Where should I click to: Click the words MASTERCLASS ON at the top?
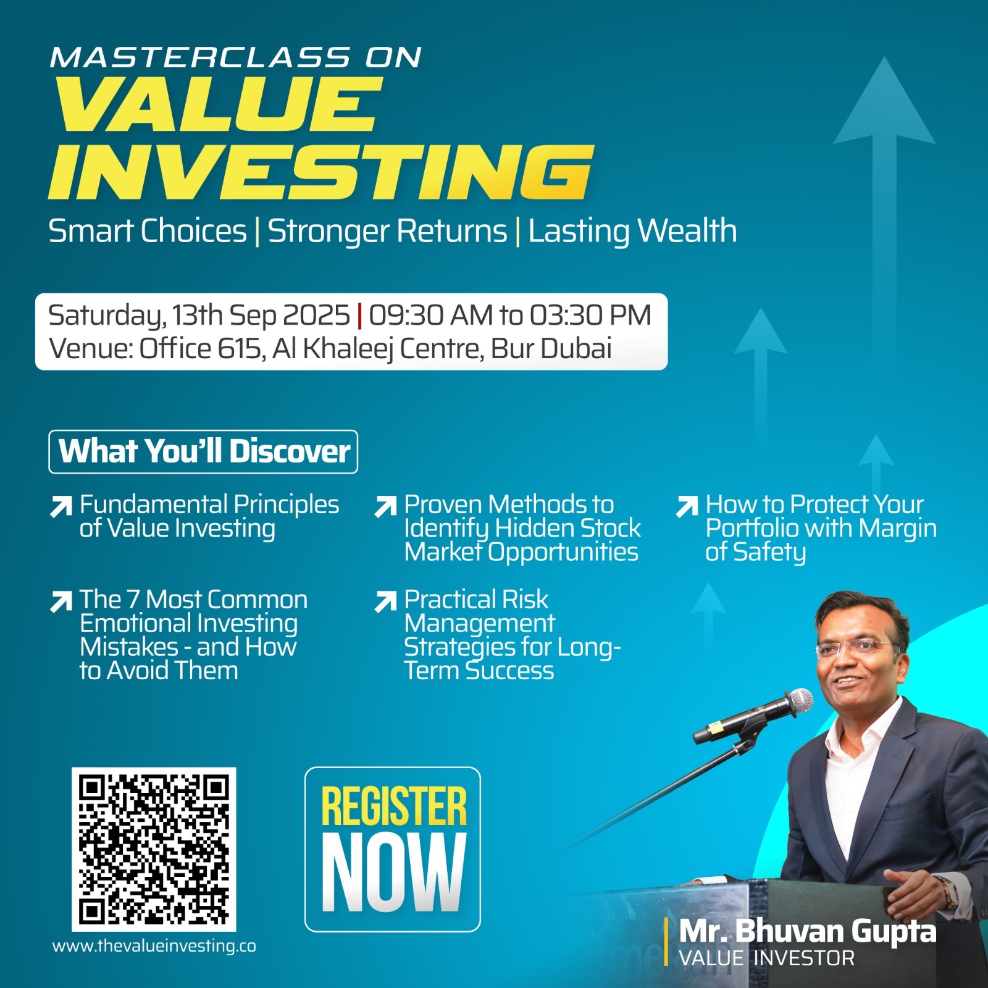point(236,57)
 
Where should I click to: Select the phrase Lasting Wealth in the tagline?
point(632,232)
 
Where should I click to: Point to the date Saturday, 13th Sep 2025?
point(199,316)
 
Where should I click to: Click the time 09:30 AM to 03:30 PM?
point(510,315)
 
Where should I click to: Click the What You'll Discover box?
point(203,451)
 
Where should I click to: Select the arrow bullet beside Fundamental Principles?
point(61,506)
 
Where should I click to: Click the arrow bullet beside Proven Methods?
point(385,506)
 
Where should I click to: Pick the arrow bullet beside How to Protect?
point(687,506)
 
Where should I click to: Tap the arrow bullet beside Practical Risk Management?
point(385,601)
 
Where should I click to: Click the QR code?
point(154,849)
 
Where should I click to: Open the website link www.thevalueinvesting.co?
point(154,947)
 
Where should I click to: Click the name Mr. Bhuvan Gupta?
point(808,931)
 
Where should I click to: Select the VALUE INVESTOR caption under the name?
point(767,958)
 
